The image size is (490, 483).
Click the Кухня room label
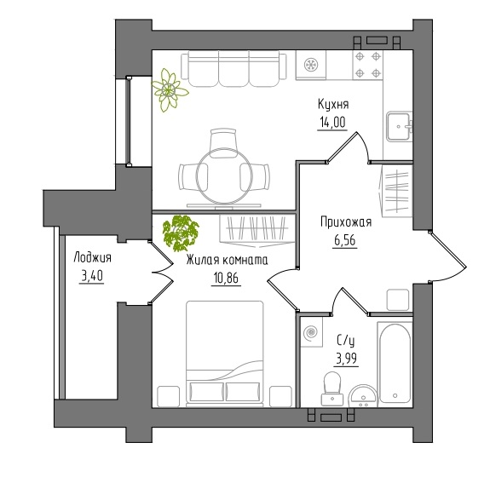tap(333, 104)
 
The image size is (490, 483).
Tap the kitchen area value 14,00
tap(332, 122)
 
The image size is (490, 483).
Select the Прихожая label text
tap(346, 222)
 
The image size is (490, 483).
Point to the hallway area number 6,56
tap(345, 240)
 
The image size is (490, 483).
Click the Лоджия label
tap(93, 258)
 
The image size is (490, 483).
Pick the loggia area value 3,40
tap(92, 276)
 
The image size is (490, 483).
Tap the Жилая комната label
tap(227, 260)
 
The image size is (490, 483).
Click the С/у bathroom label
tap(346, 341)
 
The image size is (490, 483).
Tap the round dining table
tap(224, 176)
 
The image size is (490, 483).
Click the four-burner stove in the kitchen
tap(368, 65)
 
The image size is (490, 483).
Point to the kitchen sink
tap(399, 127)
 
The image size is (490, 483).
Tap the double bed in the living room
tap(224, 354)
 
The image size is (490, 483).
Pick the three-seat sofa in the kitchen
tap(233, 69)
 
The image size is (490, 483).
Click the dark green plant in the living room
tap(181, 233)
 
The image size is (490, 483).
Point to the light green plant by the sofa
tap(169, 90)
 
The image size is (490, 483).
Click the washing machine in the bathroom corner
tap(312, 331)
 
